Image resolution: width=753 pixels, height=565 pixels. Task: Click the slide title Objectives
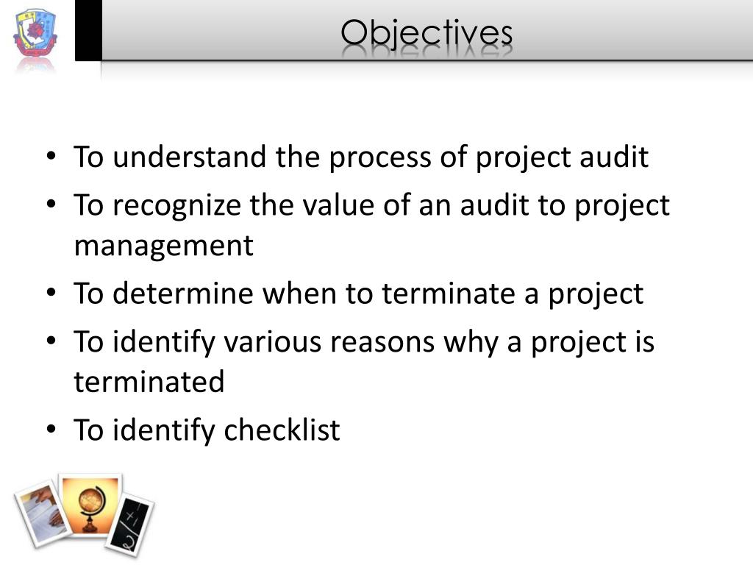click(427, 33)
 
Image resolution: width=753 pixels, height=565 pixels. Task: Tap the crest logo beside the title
click(35, 37)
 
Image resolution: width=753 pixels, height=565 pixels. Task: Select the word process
click(377, 157)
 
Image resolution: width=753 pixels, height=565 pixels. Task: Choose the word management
click(163, 245)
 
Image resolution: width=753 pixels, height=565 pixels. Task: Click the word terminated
click(149, 381)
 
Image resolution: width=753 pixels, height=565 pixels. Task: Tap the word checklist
click(282, 430)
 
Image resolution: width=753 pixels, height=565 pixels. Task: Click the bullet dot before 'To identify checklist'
click(51, 430)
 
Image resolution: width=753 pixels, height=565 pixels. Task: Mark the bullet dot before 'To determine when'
click(51, 294)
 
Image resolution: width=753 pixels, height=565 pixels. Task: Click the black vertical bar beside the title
click(88, 30)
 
